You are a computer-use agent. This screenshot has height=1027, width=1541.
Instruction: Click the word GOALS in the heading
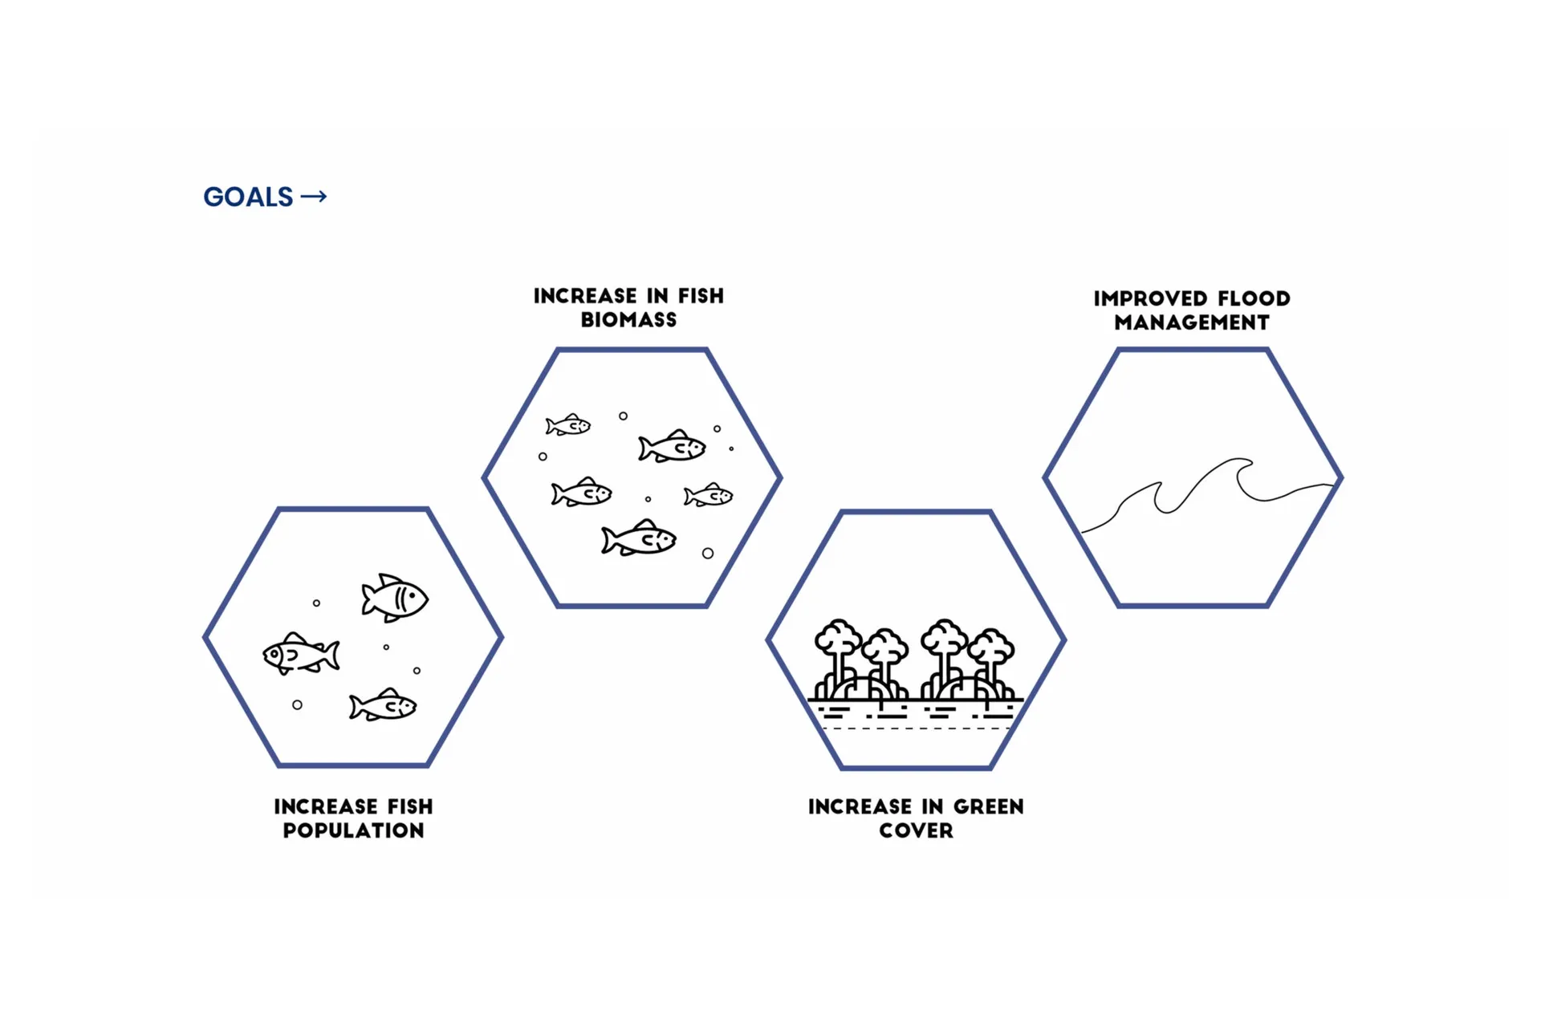[248, 197]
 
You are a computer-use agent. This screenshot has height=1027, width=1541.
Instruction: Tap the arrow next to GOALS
[314, 197]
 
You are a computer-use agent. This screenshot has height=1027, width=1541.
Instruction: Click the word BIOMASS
[628, 320]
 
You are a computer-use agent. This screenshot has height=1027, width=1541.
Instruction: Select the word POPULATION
[353, 830]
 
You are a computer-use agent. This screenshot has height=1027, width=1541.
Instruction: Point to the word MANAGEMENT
[1192, 323]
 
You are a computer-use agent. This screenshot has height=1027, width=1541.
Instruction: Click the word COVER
[916, 830]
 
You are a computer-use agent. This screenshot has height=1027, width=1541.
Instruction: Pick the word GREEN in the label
[988, 806]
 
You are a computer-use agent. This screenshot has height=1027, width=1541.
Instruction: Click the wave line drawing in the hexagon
[1204, 489]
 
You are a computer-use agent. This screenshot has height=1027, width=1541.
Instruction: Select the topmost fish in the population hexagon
[394, 598]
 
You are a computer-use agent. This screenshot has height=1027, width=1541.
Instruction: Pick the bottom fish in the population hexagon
[383, 705]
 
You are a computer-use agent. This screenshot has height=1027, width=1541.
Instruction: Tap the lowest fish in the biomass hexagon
[639, 538]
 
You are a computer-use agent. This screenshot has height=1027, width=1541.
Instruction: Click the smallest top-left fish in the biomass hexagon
[568, 425]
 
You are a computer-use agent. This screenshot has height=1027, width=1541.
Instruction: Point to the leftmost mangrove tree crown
[838, 639]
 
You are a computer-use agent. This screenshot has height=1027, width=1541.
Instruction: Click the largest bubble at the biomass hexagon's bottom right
[708, 554]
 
